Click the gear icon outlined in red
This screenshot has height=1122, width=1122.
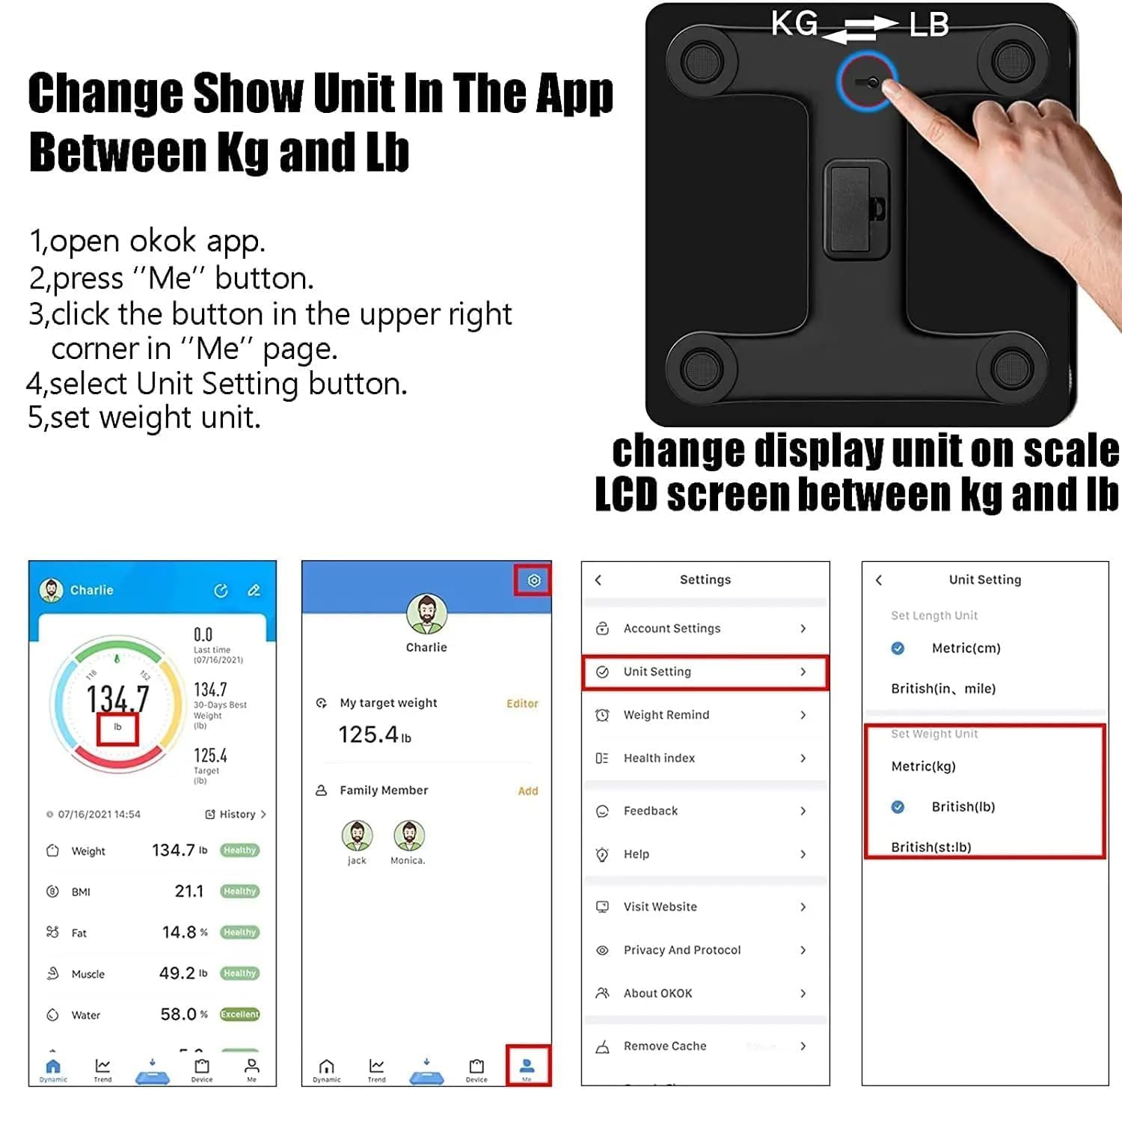pos(533,580)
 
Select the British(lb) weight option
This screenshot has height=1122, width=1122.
pos(963,806)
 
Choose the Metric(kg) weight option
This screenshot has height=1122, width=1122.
pos(923,766)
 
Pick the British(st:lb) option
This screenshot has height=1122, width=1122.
pos(931,847)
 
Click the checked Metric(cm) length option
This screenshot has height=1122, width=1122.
pos(965,649)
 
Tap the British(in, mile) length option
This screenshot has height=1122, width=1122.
pos(942,688)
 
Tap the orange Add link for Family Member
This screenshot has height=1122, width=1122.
pos(527,791)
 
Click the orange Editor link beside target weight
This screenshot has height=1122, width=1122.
pos(522,704)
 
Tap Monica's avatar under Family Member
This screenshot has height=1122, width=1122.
pos(409,836)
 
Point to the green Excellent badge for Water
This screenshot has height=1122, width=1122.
pos(239,1014)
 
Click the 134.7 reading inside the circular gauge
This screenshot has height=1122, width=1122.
pos(117,699)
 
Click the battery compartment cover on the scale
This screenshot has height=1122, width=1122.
pos(856,209)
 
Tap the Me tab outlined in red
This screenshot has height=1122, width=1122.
pos(527,1066)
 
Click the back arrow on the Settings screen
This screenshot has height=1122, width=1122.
pos(598,580)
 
